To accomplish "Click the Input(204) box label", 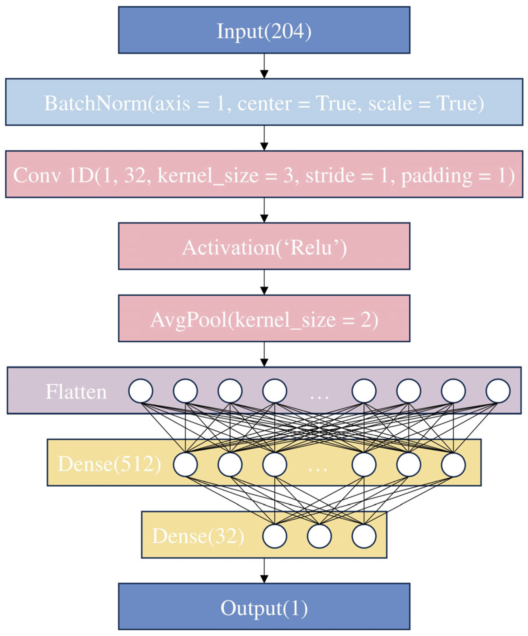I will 264,31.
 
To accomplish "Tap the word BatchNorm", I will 96,103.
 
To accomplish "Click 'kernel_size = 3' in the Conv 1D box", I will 225,175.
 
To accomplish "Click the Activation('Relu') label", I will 264,247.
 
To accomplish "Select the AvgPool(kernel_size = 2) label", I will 264,320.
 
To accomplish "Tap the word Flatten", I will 76,392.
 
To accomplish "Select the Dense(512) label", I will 110,464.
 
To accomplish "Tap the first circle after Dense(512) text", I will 185,464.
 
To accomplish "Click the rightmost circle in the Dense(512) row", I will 453,464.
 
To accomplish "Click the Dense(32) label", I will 198,536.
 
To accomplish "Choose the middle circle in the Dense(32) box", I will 319,536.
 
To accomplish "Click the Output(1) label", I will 264,608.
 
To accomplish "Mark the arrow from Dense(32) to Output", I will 264,571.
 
